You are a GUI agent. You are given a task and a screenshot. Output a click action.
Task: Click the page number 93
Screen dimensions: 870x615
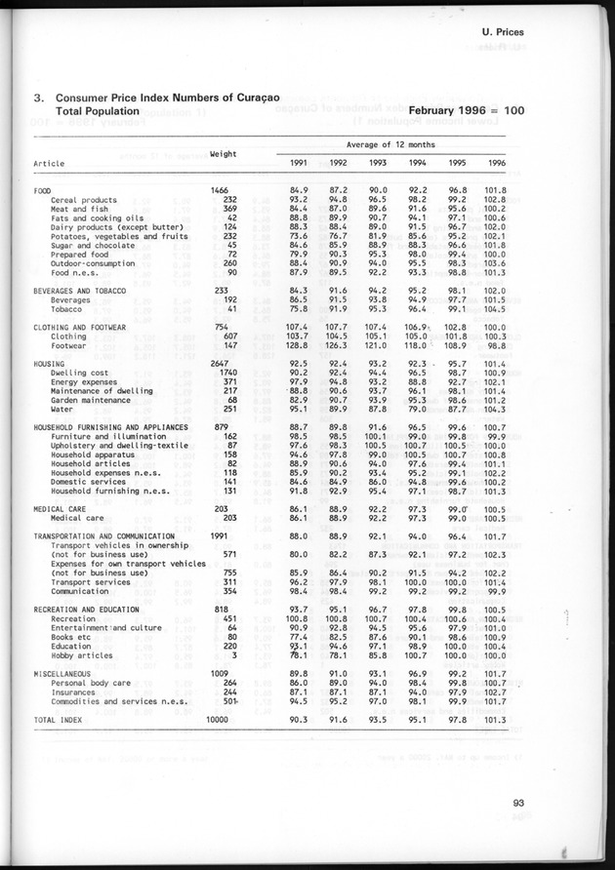517,804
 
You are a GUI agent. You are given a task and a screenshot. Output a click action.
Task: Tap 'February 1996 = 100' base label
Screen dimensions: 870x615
467,111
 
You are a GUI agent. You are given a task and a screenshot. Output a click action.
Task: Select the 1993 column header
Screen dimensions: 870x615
378,163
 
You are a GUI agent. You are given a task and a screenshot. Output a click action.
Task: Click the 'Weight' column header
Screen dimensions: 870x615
225,153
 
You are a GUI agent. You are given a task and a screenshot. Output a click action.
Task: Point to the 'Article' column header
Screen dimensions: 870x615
50,163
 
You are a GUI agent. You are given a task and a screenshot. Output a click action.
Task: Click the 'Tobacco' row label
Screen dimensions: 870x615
67,309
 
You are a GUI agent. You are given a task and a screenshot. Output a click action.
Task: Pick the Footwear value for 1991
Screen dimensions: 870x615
297,346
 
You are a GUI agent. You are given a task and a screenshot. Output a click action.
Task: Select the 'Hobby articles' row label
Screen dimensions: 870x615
81,656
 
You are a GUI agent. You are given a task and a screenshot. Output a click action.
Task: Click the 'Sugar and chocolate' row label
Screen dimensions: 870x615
95,245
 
